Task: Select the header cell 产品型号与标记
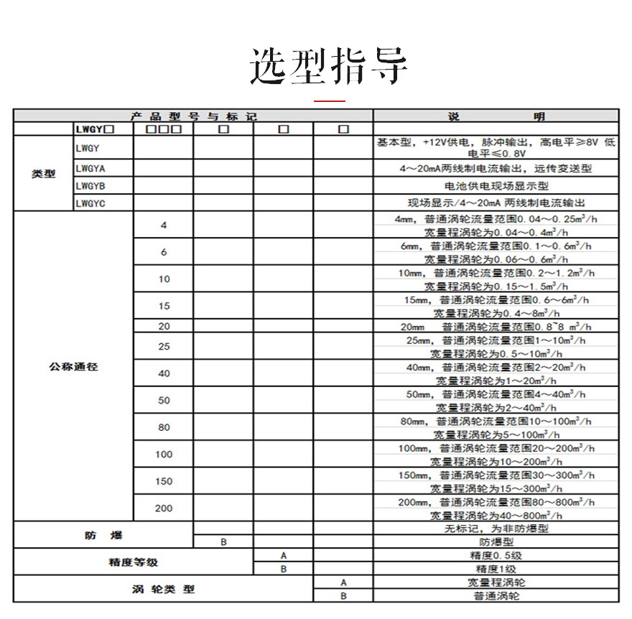pyautogui.click(x=193, y=116)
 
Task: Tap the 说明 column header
pyautogui.click(x=496, y=116)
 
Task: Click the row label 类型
pyautogui.click(x=44, y=174)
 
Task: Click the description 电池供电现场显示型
pyautogui.click(x=496, y=186)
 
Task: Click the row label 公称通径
pyautogui.click(x=73, y=366)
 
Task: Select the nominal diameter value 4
pyautogui.click(x=164, y=225)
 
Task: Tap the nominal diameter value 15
pyautogui.click(x=164, y=306)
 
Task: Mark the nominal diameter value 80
pyautogui.click(x=164, y=427)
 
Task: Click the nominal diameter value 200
pyautogui.click(x=164, y=508)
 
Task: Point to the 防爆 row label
pyautogui.click(x=103, y=535)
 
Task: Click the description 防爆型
pyautogui.click(x=496, y=542)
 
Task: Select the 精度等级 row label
pyautogui.click(x=133, y=562)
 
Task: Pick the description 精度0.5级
pyautogui.click(x=496, y=556)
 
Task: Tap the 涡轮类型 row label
pyautogui.click(x=163, y=589)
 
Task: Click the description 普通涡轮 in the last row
pyautogui.click(x=496, y=596)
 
